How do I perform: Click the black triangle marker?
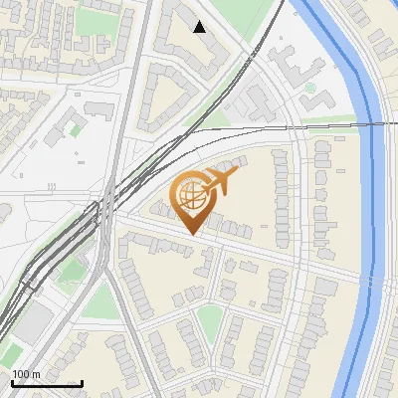[200, 27]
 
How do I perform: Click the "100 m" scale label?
[26, 374]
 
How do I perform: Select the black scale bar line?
[46, 383]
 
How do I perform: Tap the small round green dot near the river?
[310, 89]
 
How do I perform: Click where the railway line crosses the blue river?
[374, 124]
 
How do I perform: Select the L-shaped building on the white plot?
[70, 118]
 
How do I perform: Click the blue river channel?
[372, 199]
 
